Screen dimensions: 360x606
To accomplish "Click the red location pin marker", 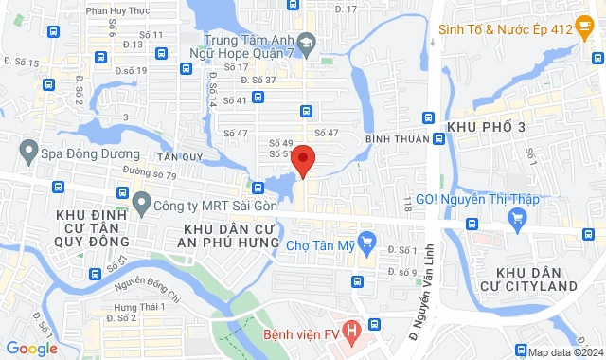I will pos(303,159).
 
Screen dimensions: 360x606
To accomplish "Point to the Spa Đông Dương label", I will pos(80,153).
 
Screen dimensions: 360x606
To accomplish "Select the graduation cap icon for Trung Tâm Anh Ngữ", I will pos(307,43).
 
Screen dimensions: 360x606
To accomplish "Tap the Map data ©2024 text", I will pos(564,352).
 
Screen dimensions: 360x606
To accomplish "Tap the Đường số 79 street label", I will pos(150,174).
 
